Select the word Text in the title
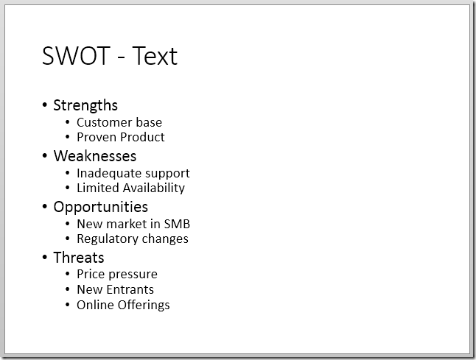[155, 56]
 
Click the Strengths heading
[85, 105]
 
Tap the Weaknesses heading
[94, 156]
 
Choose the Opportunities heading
[100, 207]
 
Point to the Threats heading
[79, 258]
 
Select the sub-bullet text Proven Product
[120, 137]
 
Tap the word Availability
[153, 188]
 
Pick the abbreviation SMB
[177, 224]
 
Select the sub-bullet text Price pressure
[117, 275]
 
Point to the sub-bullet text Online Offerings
[123, 305]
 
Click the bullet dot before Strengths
[45, 106]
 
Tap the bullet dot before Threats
[45, 258]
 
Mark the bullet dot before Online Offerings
[69, 306]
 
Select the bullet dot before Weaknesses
[45, 157]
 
